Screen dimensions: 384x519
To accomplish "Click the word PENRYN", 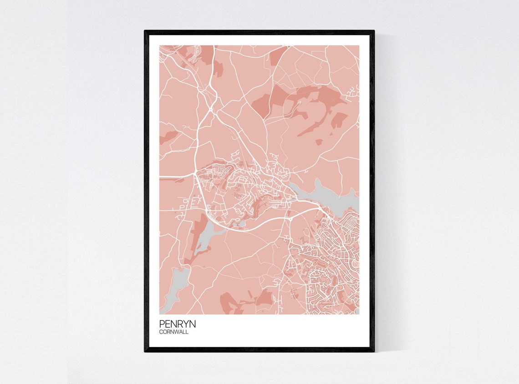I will click(178, 324).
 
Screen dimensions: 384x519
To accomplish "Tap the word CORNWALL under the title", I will click(174, 332).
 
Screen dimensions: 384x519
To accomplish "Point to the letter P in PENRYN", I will click(162, 324).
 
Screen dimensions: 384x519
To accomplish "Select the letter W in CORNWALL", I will click(179, 332).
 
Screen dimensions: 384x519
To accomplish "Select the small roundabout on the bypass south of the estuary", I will click(290, 219).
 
